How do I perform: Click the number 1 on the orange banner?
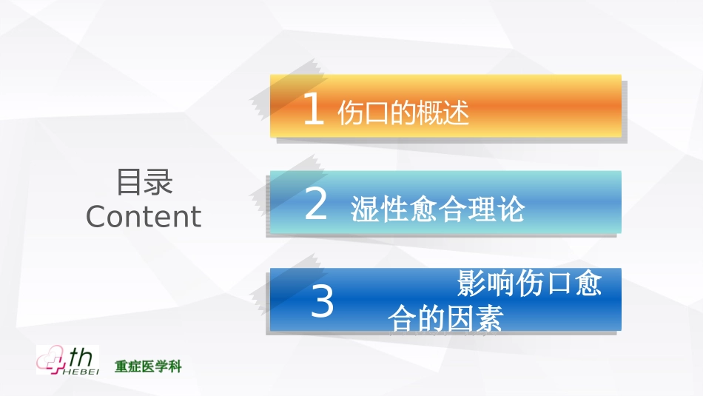314,110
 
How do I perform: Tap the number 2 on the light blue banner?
316,205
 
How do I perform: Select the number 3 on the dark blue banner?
322,303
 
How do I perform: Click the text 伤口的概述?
403,113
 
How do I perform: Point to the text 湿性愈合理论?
437,210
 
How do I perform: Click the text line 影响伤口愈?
529,283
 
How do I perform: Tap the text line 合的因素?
445,318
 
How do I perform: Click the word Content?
143,216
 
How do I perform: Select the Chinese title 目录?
144,182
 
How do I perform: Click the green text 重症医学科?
148,366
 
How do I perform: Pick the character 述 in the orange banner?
457,113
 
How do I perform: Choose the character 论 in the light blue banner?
511,210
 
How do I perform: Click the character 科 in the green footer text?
175,366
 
